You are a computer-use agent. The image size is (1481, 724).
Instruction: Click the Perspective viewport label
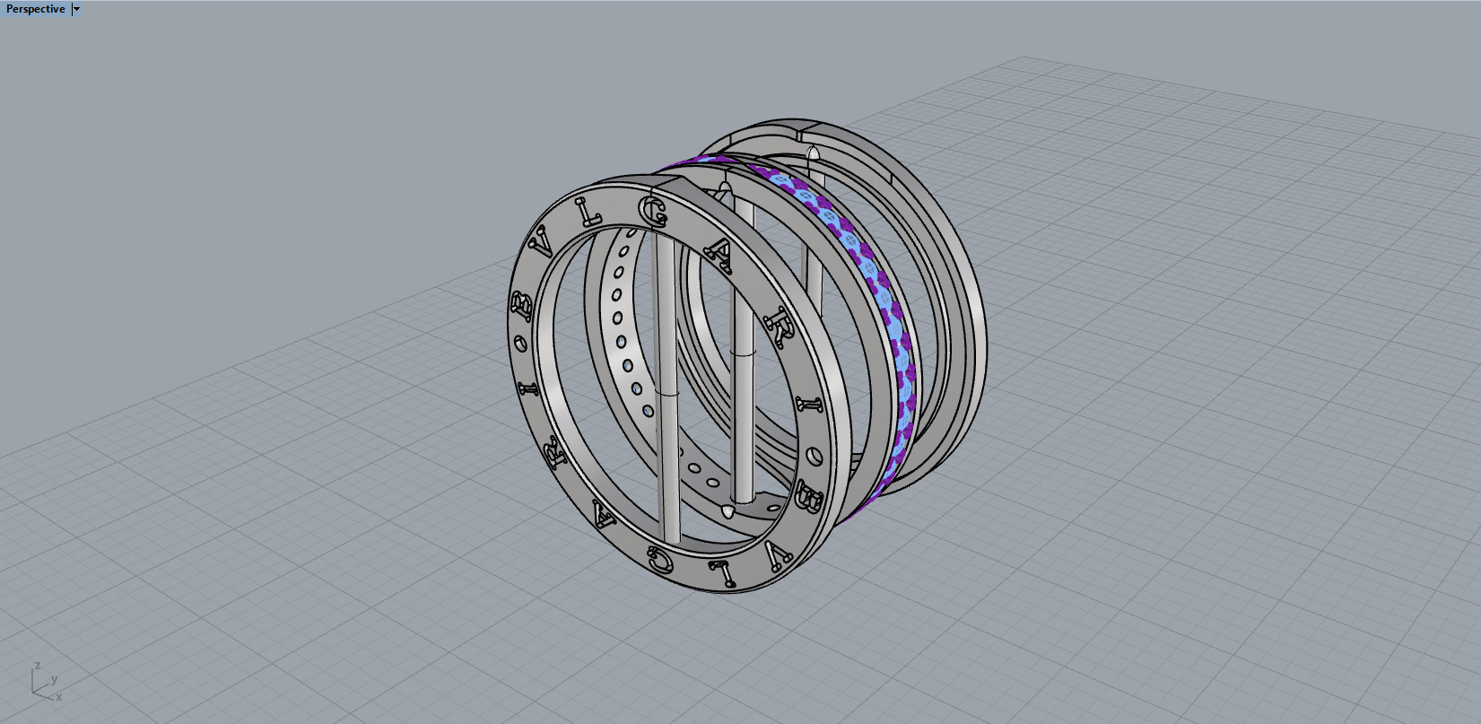[36, 9]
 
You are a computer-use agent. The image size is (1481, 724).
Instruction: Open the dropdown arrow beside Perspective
[76, 9]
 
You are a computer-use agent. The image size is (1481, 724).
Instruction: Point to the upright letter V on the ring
[542, 242]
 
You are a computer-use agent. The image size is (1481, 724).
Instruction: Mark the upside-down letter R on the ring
[555, 453]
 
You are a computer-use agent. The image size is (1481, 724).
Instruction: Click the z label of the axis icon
[37, 666]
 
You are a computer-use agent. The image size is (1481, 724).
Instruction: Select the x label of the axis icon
[58, 697]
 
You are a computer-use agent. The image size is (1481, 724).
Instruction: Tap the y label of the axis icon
[54, 679]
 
